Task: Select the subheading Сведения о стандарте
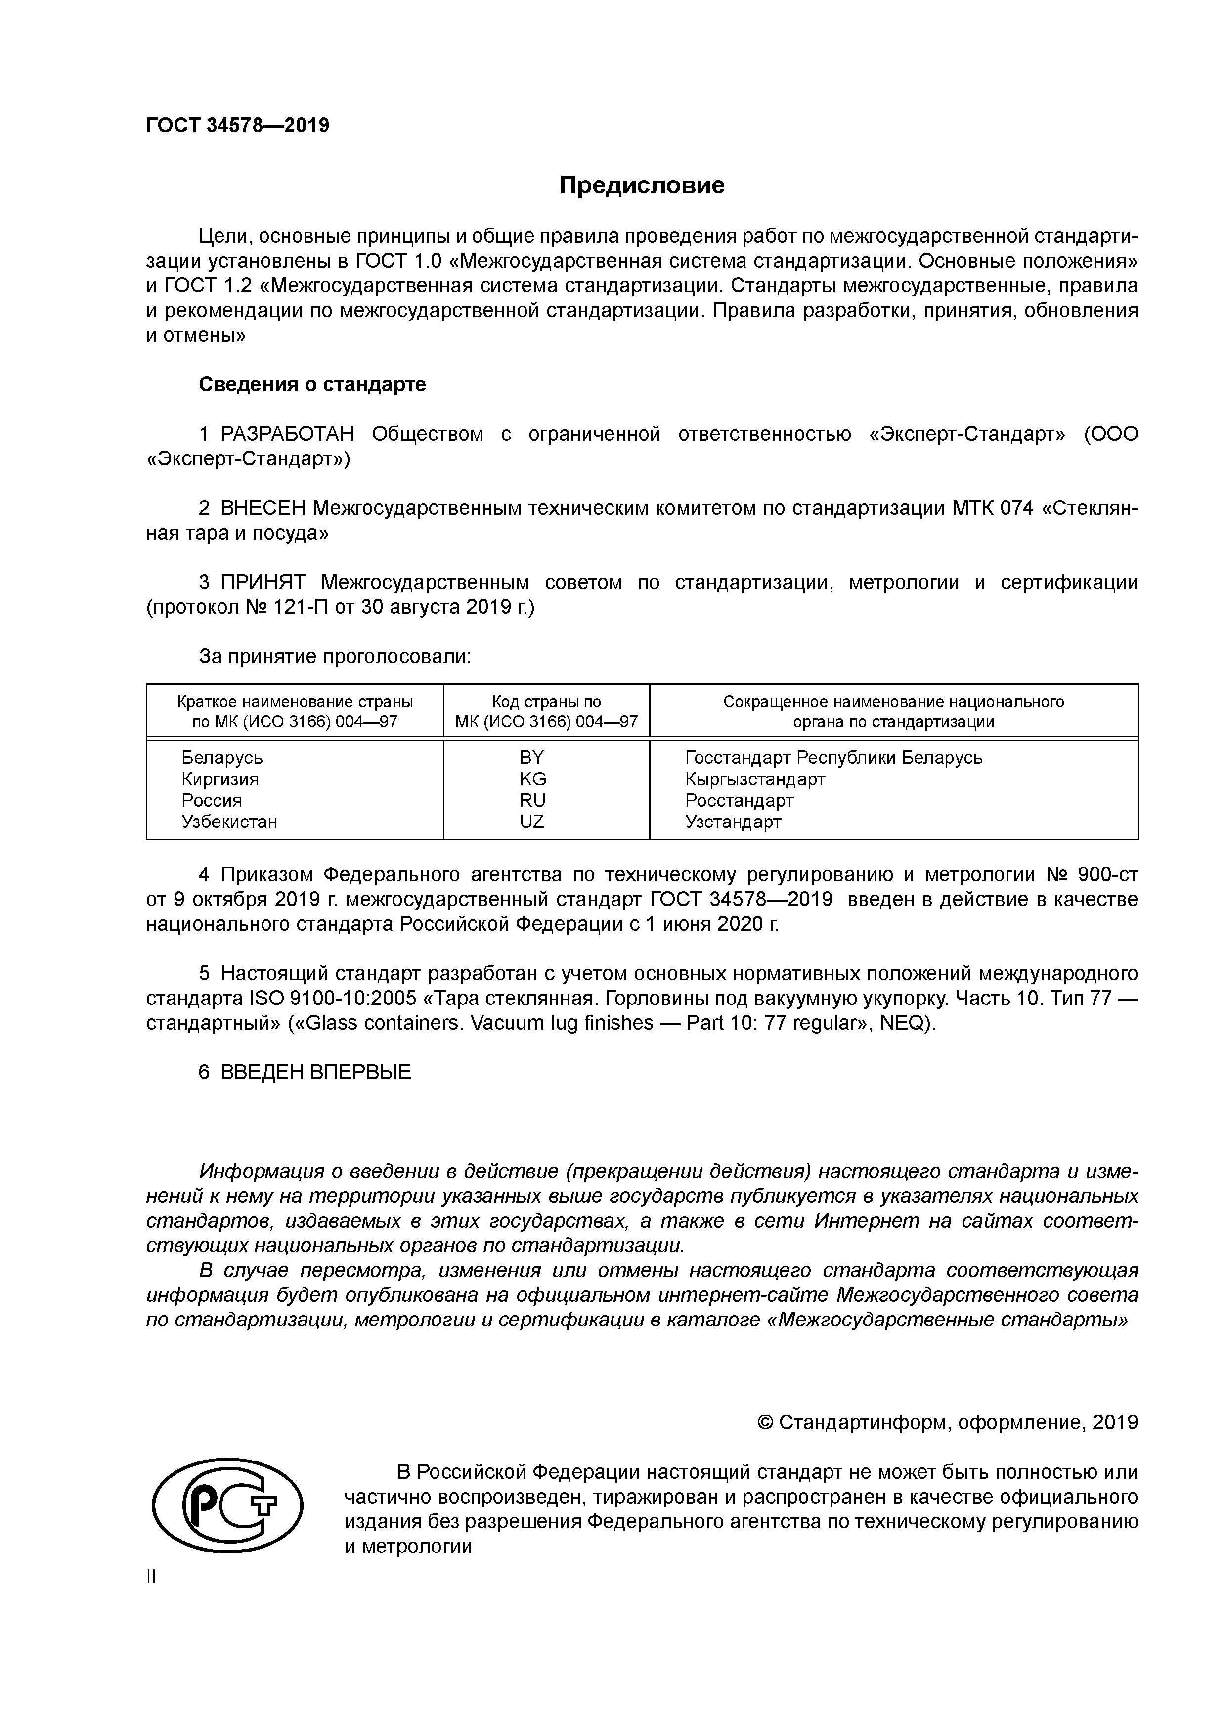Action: tap(312, 385)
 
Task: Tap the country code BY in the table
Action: tap(532, 757)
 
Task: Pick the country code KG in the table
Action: tap(532, 779)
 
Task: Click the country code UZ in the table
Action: tap(532, 822)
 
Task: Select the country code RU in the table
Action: tap(532, 800)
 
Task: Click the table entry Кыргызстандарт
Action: tap(755, 779)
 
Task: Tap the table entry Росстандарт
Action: tap(739, 800)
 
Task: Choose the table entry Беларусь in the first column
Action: tap(222, 757)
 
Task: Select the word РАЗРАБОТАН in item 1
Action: tap(287, 435)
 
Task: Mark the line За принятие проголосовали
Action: tap(335, 657)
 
